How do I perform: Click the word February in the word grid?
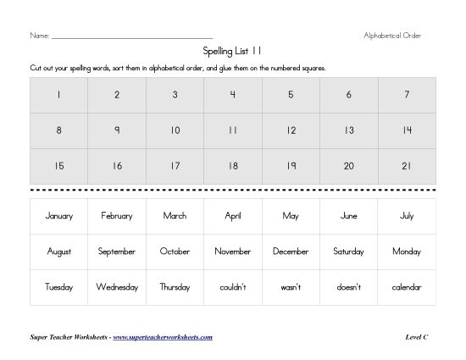tap(117, 216)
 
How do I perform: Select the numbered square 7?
tap(407, 95)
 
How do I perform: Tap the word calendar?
tap(407, 287)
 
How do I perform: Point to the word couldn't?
tap(233, 287)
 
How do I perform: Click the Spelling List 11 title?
tap(233, 51)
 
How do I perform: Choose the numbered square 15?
tap(58, 166)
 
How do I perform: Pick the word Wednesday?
tap(117, 287)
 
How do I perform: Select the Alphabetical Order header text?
tap(391, 36)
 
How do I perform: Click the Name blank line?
tap(131, 37)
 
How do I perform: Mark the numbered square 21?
tap(407, 166)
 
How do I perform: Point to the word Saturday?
tap(348, 252)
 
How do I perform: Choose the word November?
tap(233, 252)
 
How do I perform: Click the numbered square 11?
tap(233, 130)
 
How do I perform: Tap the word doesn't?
tap(348, 287)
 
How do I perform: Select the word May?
tap(291, 216)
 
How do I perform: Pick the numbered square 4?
tap(233, 95)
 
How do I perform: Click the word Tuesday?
tap(58, 287)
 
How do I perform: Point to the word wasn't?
tap(291, 287)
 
